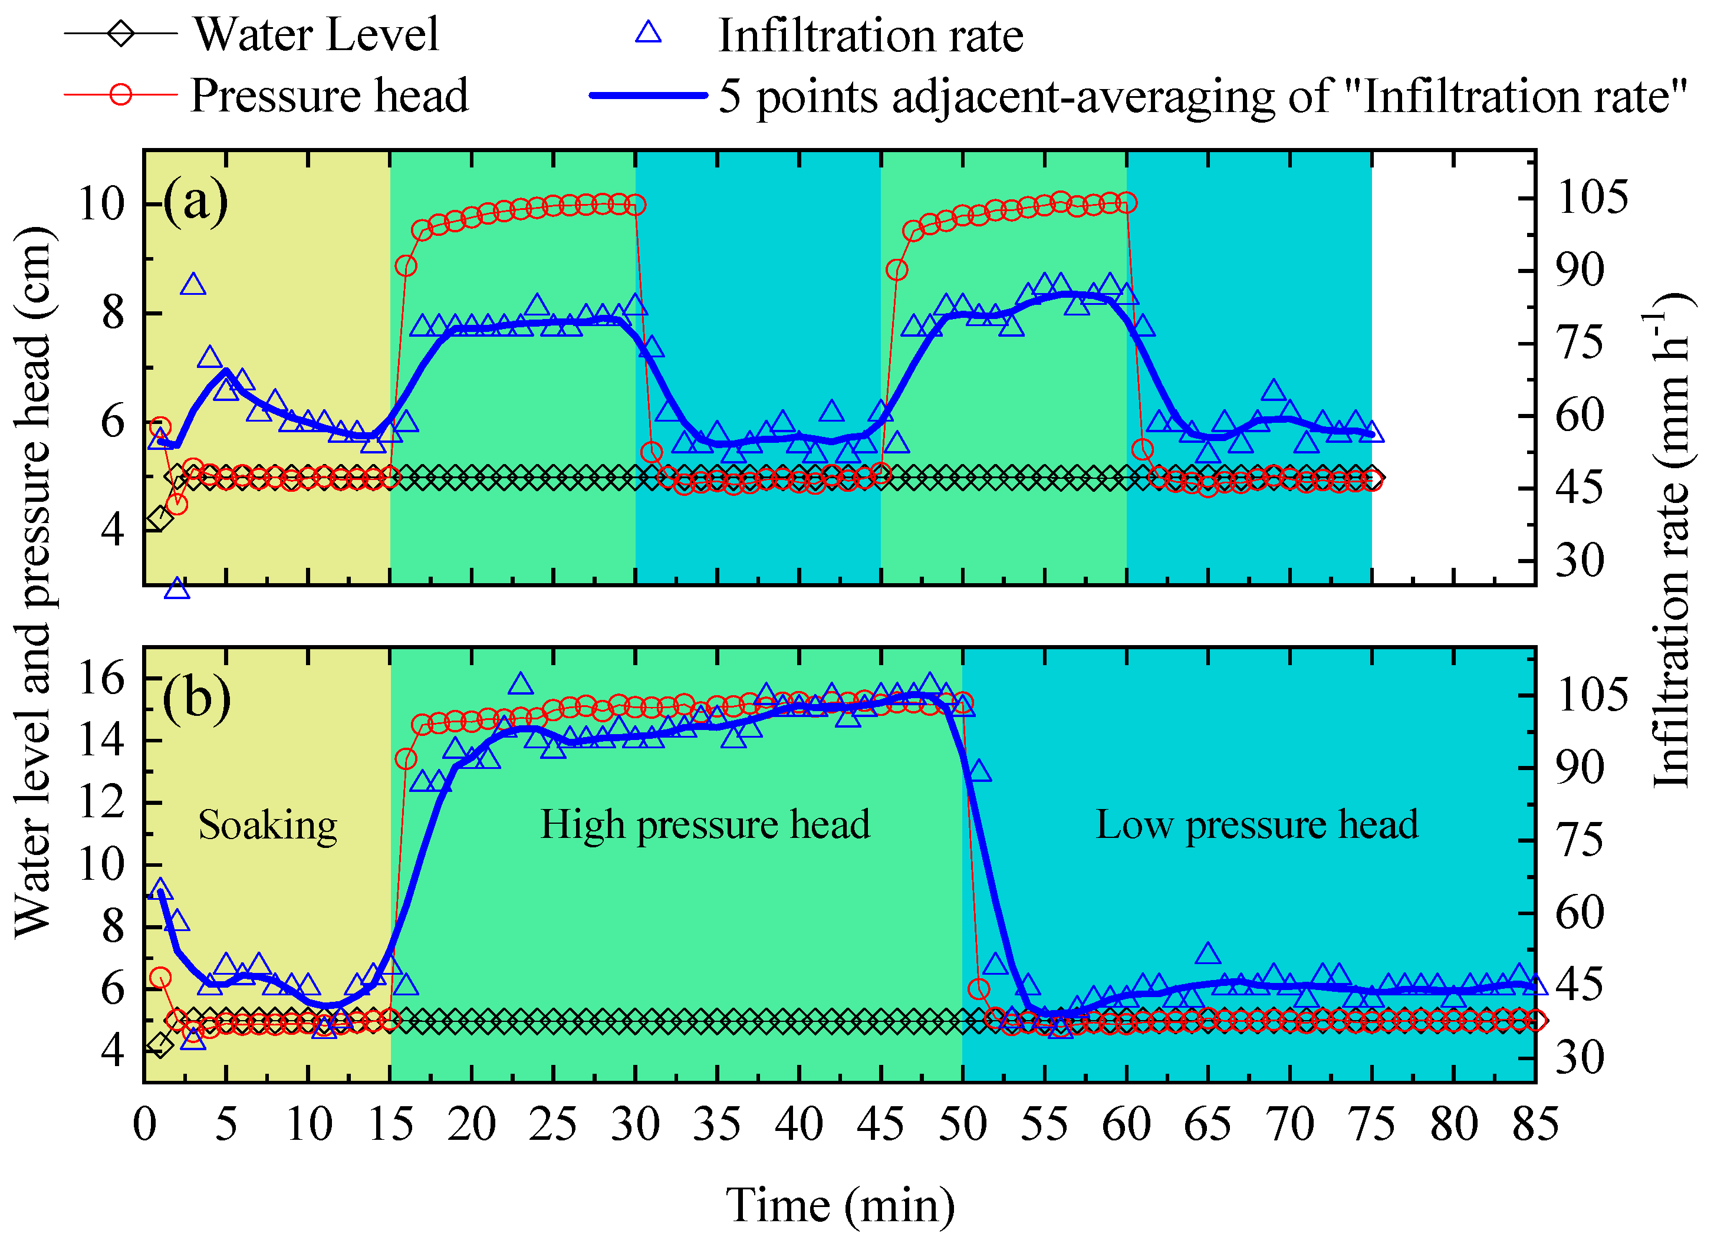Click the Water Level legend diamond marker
121,34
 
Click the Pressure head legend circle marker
121,95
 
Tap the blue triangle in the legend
649,33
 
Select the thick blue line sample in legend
649,95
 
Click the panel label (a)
196,201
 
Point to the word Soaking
268,825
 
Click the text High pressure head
705,824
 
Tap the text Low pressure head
1257,824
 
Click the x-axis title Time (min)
840,1205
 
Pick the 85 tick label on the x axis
1535,1124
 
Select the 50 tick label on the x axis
962,1124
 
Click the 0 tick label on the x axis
144,1124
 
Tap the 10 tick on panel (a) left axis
101,204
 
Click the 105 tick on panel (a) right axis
1581,198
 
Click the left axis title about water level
35,582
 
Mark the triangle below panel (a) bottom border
177,588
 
